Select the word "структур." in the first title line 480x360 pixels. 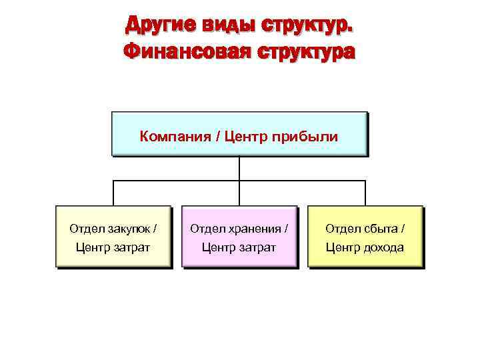click(x=308, y=25)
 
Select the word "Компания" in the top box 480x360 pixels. click(x=170, y=137)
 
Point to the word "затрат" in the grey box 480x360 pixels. click(x=131, y=247)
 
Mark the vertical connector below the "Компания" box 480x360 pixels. click(x=239, y=168)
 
